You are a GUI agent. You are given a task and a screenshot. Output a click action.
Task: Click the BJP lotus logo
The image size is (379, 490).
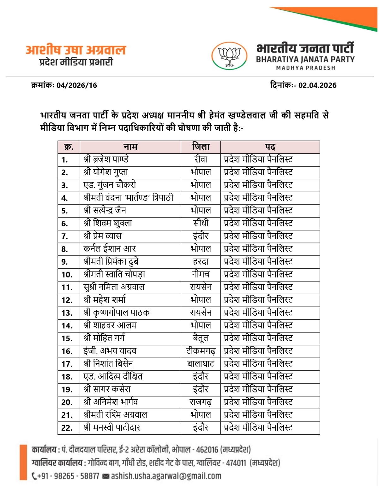click(229, 56)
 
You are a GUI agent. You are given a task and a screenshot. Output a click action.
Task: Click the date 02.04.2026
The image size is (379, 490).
click(317, 85)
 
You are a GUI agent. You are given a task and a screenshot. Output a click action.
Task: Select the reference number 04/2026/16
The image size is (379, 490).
click(77, 85)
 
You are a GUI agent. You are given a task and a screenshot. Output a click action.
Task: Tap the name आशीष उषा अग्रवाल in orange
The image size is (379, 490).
click(76, 50)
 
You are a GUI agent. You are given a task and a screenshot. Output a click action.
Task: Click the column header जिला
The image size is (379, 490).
click(201, 147)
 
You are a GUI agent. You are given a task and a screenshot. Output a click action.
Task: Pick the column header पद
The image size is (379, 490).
click(270, 147)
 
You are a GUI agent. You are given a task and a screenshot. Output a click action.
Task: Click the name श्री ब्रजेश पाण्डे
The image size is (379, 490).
click(106, 159)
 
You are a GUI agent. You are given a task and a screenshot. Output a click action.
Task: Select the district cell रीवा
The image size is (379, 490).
click(201, 159)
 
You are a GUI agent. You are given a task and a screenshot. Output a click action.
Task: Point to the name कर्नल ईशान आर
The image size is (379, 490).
click(110, 249)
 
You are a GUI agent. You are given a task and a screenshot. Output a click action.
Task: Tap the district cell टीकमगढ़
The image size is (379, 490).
click(201, 351)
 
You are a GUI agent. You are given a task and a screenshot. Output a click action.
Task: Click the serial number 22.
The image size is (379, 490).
click(67, 428)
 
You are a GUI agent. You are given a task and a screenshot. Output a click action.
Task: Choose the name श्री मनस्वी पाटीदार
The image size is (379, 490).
click(112, 427)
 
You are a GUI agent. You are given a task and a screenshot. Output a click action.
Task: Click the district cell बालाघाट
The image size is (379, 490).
click(201, 364)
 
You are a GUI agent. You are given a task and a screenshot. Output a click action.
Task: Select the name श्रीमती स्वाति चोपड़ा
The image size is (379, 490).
click(114, 274)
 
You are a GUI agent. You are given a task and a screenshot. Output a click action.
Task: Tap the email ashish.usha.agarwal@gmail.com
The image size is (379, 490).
click(166, 476)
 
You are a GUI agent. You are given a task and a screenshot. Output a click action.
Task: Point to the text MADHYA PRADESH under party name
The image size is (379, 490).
click(305, 68)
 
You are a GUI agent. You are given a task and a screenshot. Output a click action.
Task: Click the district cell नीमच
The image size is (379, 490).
click(201, 274)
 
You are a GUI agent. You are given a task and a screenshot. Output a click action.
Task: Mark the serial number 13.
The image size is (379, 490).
click(67, 313)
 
